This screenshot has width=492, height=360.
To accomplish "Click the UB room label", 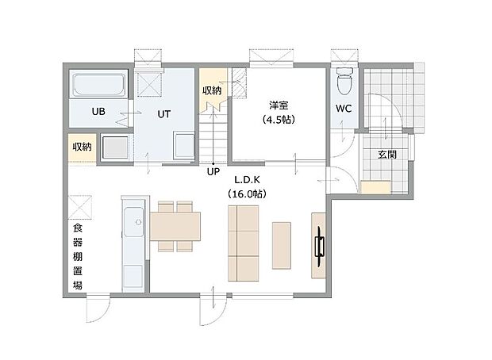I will pyautogui.click(x=98, y=112).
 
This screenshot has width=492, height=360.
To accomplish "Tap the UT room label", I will pyautogui.click(x=163, y=114).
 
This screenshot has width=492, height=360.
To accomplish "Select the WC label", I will pyautogui.click(x=343, y=109).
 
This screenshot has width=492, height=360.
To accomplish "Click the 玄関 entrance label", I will pyautogui.click(x=388, y=155).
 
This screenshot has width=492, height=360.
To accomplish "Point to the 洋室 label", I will pyautogui.click(x=278, y=105).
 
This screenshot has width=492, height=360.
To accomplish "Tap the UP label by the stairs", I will pyautogui.click(x=213, y=170).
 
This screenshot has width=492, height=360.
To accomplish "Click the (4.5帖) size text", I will pyautogui.click(x=278, y=120).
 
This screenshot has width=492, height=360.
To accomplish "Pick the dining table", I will pyautogui.click(x=175, y=227).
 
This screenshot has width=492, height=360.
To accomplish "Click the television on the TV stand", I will pyautogui.click(x=319, y=247).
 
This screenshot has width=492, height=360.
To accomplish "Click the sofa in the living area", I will pyautogui.click(x=243, y=243).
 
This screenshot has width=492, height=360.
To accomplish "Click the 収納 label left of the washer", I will pyautogui.click(x=83, y=147).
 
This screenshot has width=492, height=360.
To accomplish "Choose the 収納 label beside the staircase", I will pyautogui.click(x=211, y=91).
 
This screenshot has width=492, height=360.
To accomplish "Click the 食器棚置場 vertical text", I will pyautogui.click(x=77, y=257).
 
